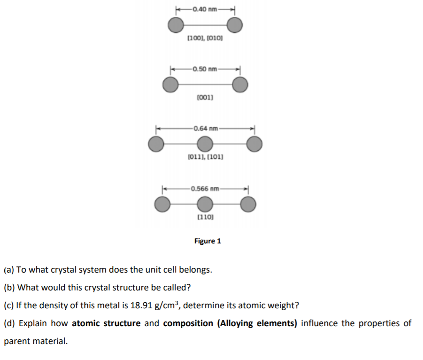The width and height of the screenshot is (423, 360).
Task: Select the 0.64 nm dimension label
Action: coord(205,128)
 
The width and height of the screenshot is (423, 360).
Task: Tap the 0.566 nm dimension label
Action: coord(205,189)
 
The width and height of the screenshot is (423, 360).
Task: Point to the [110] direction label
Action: coord(205,217)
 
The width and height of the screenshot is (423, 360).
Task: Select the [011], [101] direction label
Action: coord(205,156)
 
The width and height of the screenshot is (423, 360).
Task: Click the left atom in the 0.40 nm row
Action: coord(176,24)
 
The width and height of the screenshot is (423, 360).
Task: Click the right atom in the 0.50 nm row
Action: coord(240,85)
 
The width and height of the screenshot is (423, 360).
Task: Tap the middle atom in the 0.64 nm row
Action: coord(204,144)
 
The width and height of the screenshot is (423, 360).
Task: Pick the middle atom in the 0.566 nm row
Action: coord(204,204)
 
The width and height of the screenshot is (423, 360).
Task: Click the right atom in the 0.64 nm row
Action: coord(254,144)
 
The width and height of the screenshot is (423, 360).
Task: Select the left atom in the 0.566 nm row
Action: coord(162,204)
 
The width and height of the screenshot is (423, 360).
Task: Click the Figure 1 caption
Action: coord(208,241)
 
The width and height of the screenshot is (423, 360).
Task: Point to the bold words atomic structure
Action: coord(106,323)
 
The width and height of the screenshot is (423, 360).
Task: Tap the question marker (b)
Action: coord(9,288)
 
